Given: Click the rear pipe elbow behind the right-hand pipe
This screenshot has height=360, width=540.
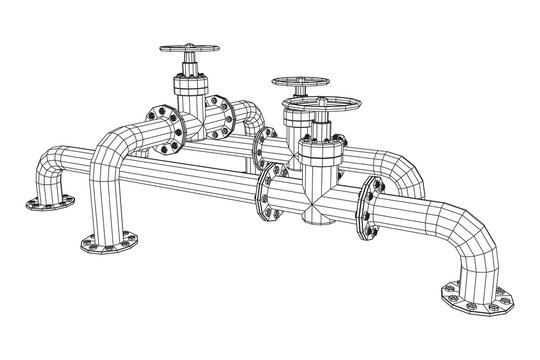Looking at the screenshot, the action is click(x=400, y=170).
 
